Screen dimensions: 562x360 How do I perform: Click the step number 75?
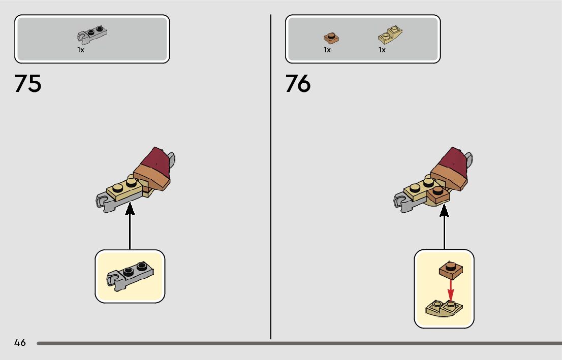tap(28, 84)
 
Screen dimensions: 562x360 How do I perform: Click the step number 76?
tap(298, 84)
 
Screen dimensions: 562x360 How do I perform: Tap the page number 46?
tap(20, 343)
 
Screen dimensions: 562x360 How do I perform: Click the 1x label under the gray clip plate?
tap(81, 50)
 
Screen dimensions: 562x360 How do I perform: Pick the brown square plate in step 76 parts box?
tap(331, 38)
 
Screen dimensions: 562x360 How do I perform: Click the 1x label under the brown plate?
tap(327, 50)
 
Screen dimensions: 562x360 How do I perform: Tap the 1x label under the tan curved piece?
tap(382, 50)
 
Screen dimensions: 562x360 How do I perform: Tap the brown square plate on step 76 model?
tap(438, 194)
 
